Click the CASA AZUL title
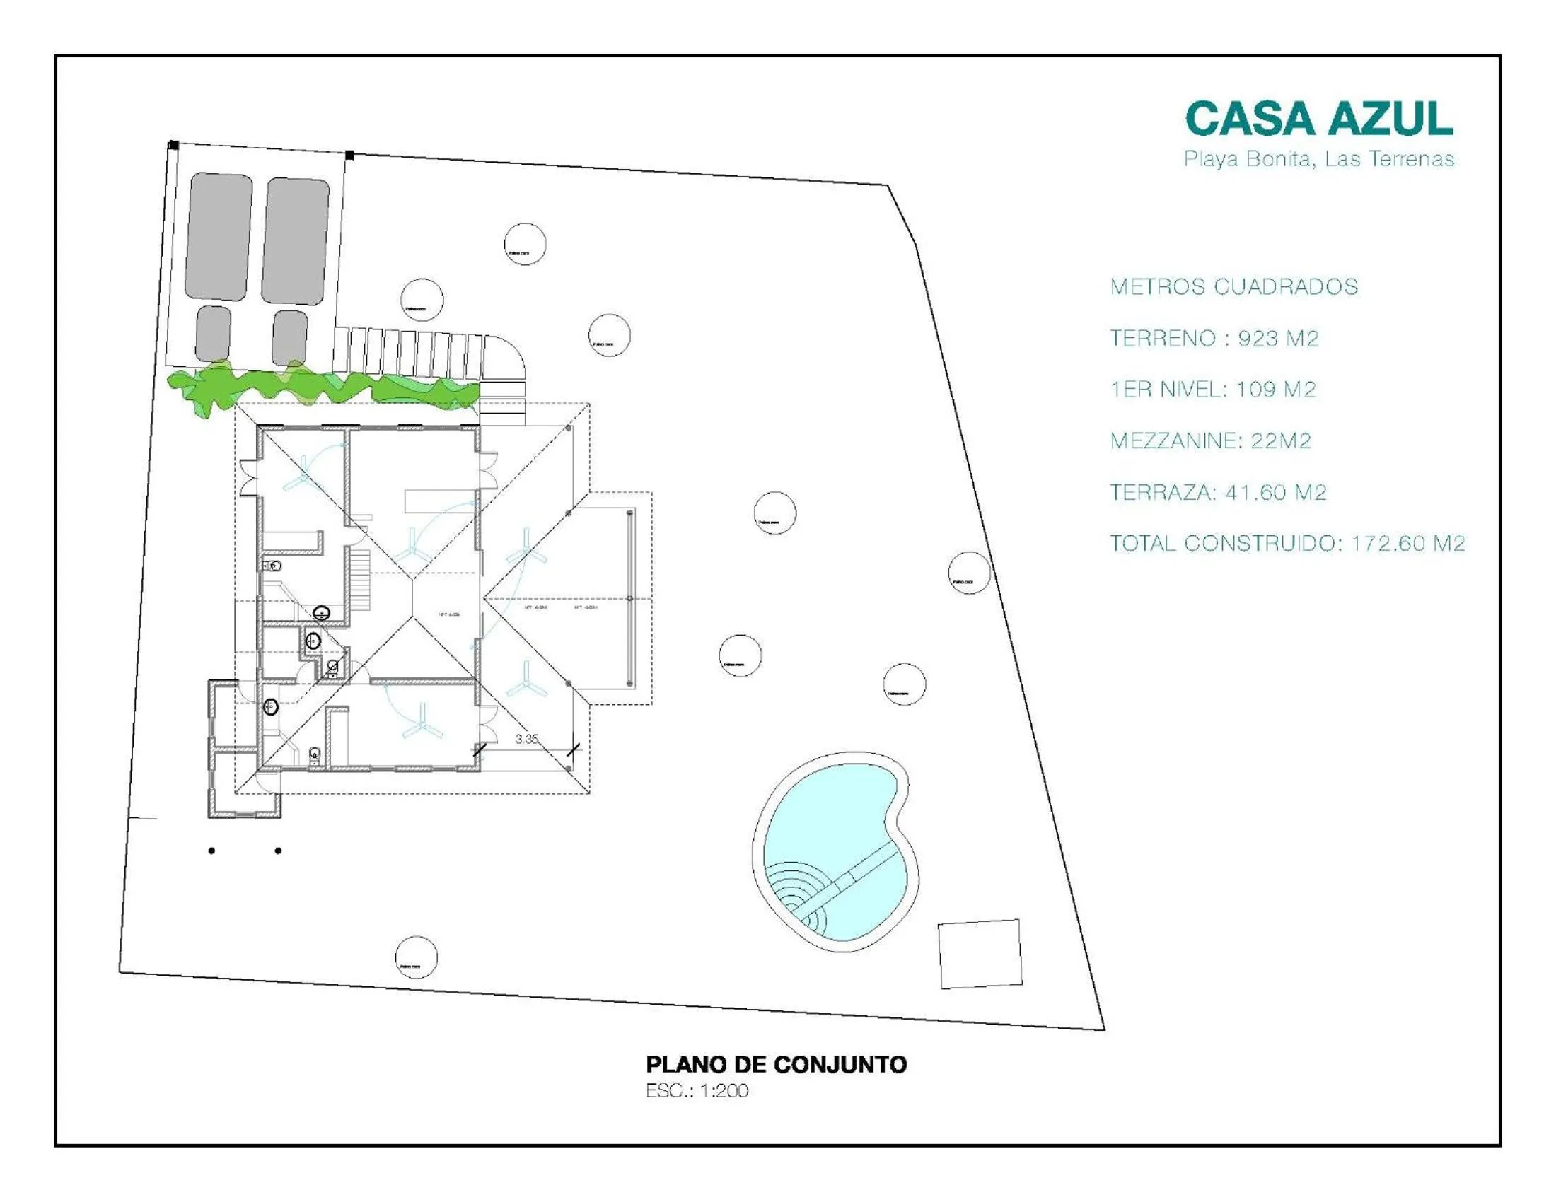tap(1319, 118)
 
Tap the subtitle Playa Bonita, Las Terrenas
tap(1319, 159)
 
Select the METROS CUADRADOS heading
tap(1234, 287)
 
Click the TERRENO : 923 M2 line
tap(1214, 338)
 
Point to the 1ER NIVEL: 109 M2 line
tap(1212, 390)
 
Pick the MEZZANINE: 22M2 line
tap(1210, 440)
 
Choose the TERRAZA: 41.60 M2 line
tap(1219, 492)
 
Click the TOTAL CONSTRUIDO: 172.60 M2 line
tap(1287, 543)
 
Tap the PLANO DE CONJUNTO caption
tap(776, 1065)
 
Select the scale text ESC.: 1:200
tap(697, 1091)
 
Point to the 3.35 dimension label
tap(526, 739)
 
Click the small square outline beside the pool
tap(980, 955)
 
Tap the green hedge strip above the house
tap(320, 388)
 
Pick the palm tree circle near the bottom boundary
tap(416, 958)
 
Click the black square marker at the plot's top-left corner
tap(173, 145)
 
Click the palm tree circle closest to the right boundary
tap(969, 573)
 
